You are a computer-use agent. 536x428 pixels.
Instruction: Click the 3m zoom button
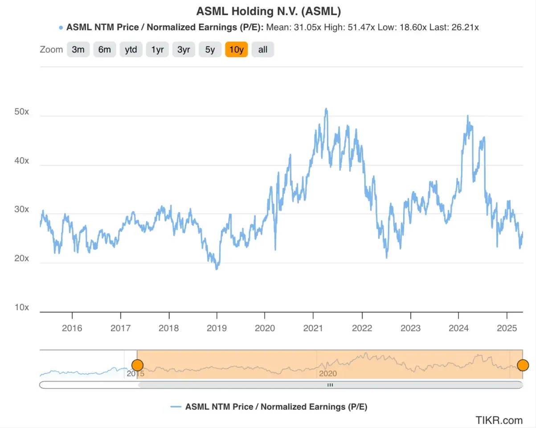pos(78,49)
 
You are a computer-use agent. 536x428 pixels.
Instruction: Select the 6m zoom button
pos(104,49)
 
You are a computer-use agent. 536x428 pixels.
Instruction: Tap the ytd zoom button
pos(131,49)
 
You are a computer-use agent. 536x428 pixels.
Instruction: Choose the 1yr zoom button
pos(157,49)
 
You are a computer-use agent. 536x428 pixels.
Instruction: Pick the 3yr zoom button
pos(184,49)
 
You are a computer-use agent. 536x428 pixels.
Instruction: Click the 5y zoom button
pos(210,49)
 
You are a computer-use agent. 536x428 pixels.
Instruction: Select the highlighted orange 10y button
pos(236,49)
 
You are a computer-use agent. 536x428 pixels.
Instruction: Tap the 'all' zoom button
pos(263,49)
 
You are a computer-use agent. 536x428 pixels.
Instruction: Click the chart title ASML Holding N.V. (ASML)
pos(269,11)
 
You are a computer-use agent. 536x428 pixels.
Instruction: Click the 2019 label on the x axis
pos(217,329)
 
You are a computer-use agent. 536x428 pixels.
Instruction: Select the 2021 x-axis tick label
pos(313,329)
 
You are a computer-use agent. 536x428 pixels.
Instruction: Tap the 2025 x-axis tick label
pos(506,329)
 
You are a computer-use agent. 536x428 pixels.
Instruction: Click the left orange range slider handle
pos(137,365)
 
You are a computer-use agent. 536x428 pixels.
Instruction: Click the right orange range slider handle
pos(523,365)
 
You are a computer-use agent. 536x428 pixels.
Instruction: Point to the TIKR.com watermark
pos(499,420)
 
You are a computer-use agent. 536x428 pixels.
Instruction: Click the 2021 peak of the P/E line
pos(326,109)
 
